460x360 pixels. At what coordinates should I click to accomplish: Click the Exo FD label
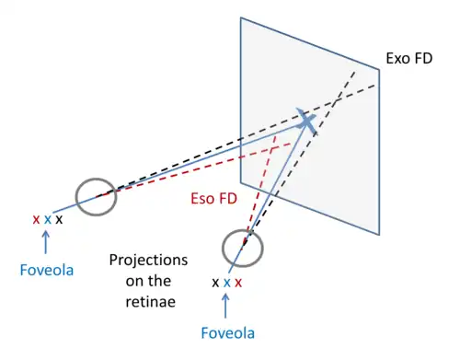coord(409,58)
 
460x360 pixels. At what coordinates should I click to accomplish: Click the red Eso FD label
coord(214,199)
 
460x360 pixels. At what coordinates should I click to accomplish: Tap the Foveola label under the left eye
coord(47,270)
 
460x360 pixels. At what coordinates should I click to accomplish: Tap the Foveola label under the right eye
coord(228,333)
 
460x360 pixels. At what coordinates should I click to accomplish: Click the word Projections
coord(148,261)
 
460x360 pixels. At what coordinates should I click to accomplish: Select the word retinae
coord(151,302)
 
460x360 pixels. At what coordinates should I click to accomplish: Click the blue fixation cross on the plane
coord(306,121)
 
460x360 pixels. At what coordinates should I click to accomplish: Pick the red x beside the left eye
coord(36,219)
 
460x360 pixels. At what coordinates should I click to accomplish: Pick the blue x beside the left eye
coord(48,219)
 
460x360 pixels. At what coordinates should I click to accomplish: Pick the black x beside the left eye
coord(59,219)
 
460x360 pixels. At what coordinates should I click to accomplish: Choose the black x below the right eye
coord(215,283)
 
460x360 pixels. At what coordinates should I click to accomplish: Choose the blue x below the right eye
coord(227,283)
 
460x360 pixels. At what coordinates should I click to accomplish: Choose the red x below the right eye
coord(238,283)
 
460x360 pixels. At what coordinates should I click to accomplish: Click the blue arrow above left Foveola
coord(46,242)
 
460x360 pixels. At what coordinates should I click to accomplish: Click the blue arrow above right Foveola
coord(225,306)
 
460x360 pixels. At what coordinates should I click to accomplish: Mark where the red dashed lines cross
coord(271,150)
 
